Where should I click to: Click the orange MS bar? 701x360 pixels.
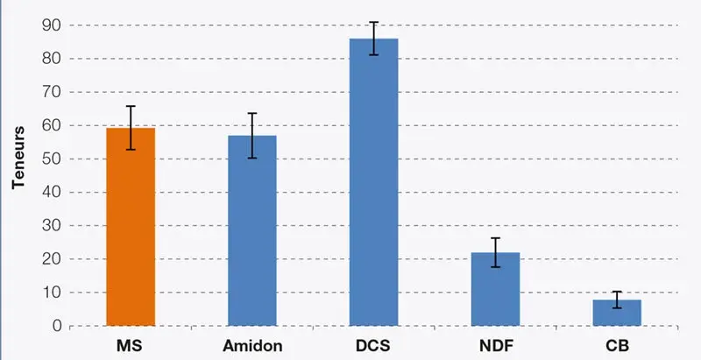tap(131, 228)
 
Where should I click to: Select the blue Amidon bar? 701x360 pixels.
tap(252, 231)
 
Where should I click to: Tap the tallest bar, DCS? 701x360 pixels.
tap(374, 184)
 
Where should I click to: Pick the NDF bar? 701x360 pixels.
tap(496, 290)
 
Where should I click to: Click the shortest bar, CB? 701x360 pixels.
tap(617, 313)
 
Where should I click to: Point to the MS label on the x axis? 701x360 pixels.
tap(131, 345)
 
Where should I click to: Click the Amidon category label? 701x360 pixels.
tap(252, 345)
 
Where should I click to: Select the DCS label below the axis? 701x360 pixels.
tap(374, 345)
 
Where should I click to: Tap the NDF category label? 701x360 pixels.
tap(496, 345)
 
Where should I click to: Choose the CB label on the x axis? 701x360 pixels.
tap(617, 345)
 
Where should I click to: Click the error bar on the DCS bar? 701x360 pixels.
tap(374, 38)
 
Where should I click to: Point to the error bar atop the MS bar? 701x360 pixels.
tap(131, 128)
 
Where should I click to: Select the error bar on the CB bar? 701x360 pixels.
tap(617, 300)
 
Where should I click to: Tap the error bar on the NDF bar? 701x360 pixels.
tap(496, 252)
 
